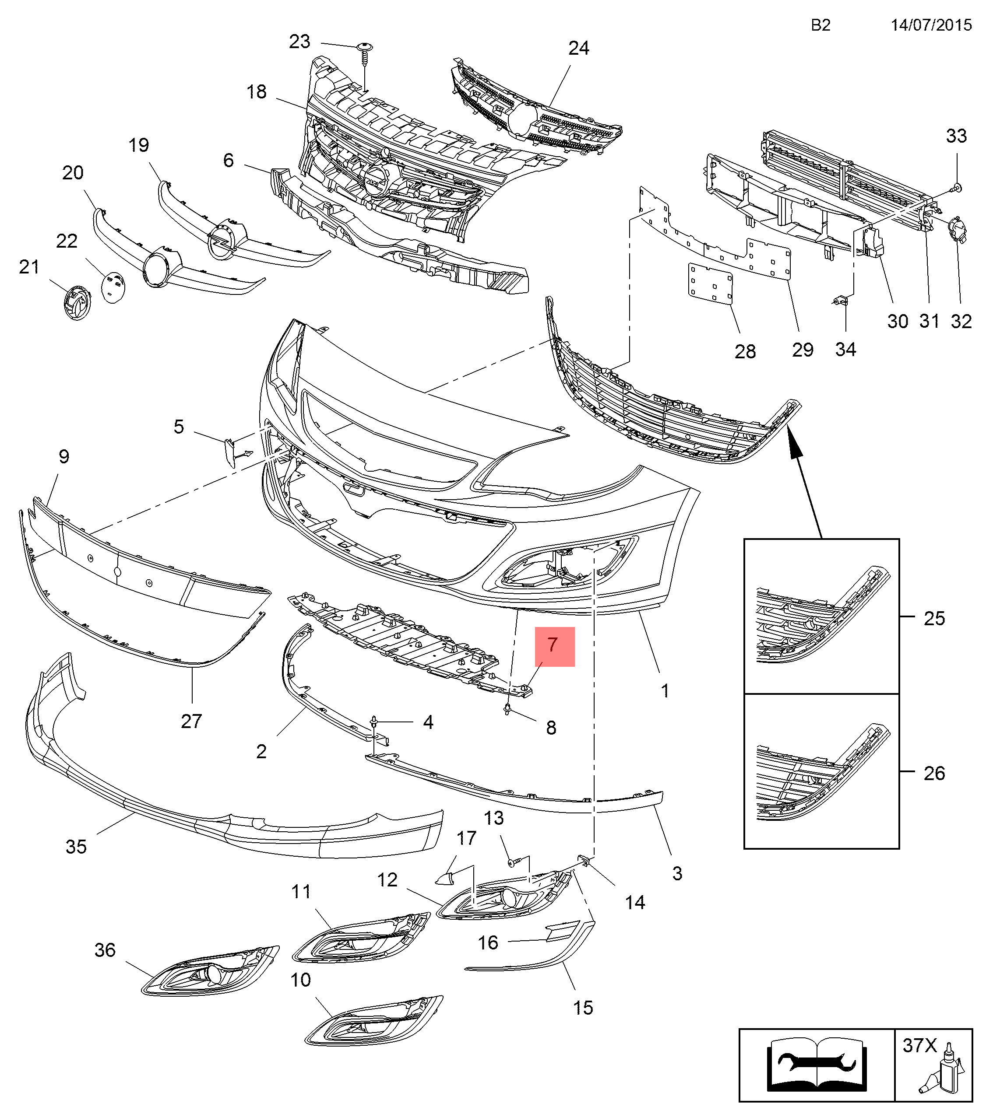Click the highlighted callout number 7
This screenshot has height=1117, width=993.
click(x=554, y=646)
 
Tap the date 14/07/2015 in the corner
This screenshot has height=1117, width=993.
click(x=931, y=25)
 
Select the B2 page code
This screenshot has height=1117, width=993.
click(x=820, y=25)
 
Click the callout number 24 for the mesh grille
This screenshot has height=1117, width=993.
click(x=578, y=49)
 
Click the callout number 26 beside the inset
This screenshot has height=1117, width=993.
click(x=934, y=773)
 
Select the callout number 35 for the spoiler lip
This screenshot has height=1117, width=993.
click(x=76, y=847)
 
